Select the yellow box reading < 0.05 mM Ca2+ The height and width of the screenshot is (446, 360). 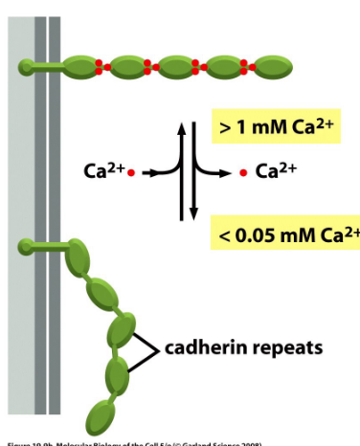[285, 234]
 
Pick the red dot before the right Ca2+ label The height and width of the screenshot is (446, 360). [243, 173]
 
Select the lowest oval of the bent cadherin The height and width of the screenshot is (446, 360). [101, 417]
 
